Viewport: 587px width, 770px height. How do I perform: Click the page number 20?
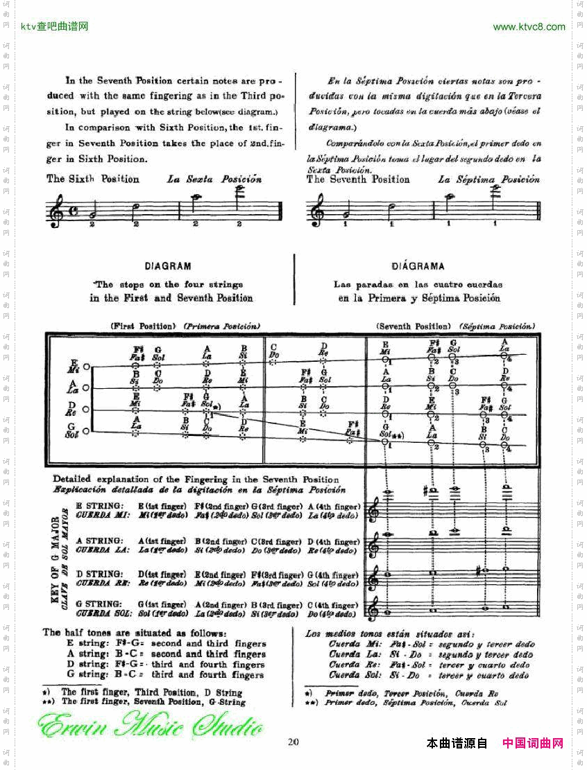click(293, 742)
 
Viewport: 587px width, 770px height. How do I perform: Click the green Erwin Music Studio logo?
click(150, 728)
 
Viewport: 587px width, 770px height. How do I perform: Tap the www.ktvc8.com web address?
click(529, 27)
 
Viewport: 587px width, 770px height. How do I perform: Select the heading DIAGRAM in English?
click(168, 266)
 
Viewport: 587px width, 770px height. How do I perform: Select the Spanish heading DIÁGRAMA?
click(417, 266)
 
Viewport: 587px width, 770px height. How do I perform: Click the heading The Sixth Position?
click(93, 179)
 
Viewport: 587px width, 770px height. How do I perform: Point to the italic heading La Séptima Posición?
click(488, 179)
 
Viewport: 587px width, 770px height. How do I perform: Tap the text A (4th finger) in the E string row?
click(334, 507)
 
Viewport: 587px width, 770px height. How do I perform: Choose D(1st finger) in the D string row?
click(162, 575)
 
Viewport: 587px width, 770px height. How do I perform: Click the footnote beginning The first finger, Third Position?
click(151, 692)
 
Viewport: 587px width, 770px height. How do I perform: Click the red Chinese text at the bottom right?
click(532, 744)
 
